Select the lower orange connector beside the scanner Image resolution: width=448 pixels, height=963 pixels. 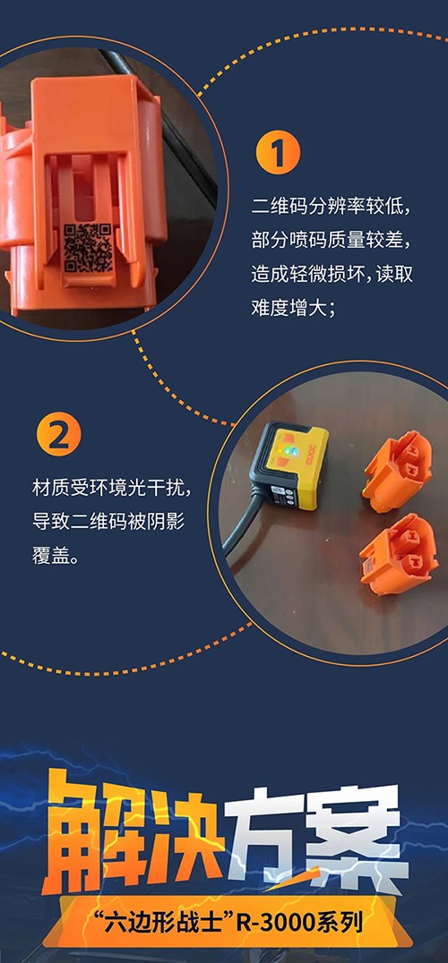(400, 554)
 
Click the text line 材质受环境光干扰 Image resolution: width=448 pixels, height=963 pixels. (111, 489)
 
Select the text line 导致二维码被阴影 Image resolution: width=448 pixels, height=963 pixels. (108, 523)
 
